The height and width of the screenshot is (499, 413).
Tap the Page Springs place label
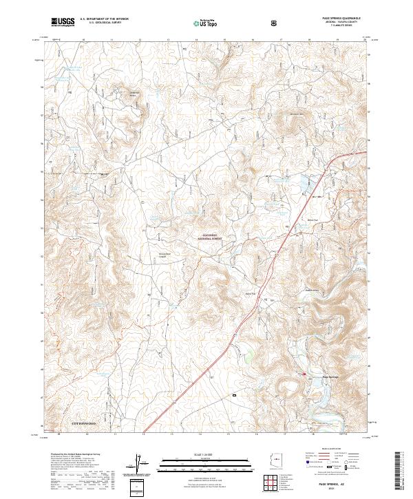tap(331, 376)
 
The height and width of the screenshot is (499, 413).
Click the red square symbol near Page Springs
tap(307, 374)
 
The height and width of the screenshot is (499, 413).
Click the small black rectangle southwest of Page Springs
tap(234, 395)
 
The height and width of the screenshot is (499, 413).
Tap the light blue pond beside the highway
tap(301, 184)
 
